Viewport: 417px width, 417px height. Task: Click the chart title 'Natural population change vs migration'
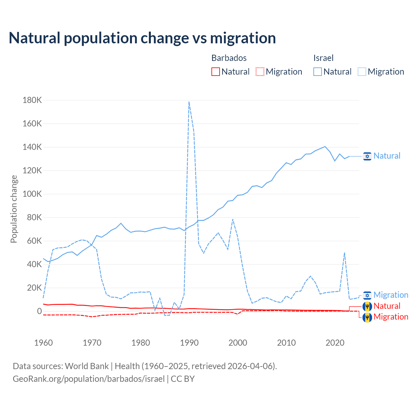142,38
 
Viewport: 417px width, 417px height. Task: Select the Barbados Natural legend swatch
216,72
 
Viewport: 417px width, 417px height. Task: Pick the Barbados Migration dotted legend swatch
260,72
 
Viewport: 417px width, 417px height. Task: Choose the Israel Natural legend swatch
318,72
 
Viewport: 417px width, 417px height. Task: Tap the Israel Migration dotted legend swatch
362,72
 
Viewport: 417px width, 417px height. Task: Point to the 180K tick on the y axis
32,100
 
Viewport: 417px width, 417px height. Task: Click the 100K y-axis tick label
32,194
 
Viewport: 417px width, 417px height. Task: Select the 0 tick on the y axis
39,311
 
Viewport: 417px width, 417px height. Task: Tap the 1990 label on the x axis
189,343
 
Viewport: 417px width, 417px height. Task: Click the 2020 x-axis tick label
335,343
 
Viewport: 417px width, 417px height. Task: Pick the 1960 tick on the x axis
43,343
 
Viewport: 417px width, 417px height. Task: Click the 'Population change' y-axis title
14,209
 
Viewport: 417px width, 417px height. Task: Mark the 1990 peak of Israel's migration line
189,102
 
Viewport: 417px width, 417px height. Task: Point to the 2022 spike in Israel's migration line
344,253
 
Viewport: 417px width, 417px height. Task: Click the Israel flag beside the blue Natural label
367,156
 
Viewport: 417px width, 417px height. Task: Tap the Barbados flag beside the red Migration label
367,317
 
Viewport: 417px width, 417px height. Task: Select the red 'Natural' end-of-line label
387,306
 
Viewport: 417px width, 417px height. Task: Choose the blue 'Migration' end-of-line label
391,295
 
